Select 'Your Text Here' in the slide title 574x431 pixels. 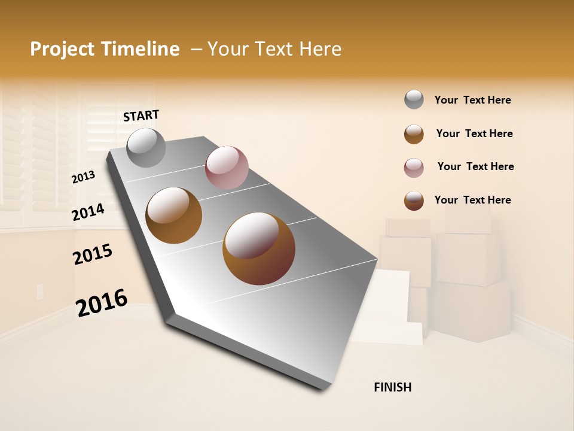coord(274,49)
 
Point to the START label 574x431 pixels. coord(141,116)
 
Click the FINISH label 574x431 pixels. coord(392,387)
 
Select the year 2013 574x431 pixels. coord(84,177)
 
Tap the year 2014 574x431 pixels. coord(88,212)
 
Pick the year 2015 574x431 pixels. coord(93,254)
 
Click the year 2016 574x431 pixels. coord(102,302)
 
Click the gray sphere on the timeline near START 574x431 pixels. coord(146,147)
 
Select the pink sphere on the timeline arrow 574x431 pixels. coord(227,167)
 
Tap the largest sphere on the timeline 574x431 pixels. coord(259,248)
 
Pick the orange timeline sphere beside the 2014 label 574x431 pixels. coord(174,215)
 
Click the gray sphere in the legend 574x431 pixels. coord(414,100)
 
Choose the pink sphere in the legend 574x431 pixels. coord(414,168)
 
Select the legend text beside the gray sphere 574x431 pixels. coord(472,101)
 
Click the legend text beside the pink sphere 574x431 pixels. coord(475,166)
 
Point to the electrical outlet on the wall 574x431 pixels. coord(40,292)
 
